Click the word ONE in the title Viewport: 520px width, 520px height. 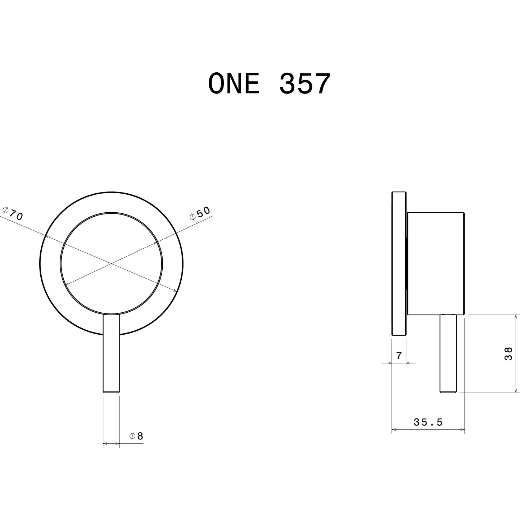click(234, 84)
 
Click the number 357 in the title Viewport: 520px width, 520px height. click(305, 84)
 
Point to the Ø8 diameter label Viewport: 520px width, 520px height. click(136, 436)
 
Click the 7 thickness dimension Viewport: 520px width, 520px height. click(398, 356)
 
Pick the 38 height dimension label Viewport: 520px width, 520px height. click(508, 354)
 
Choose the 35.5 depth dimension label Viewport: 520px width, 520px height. click(428, 422)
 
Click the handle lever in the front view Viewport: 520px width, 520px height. click(111, 353)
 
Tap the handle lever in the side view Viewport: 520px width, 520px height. click(448, 353)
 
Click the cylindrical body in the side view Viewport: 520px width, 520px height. click(435, 263)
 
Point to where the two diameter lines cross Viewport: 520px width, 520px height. click(111, 264)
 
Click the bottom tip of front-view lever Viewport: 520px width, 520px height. click(111, 392)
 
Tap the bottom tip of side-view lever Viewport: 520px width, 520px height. click(448, 392)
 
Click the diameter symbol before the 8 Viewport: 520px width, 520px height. click(132, 436)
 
